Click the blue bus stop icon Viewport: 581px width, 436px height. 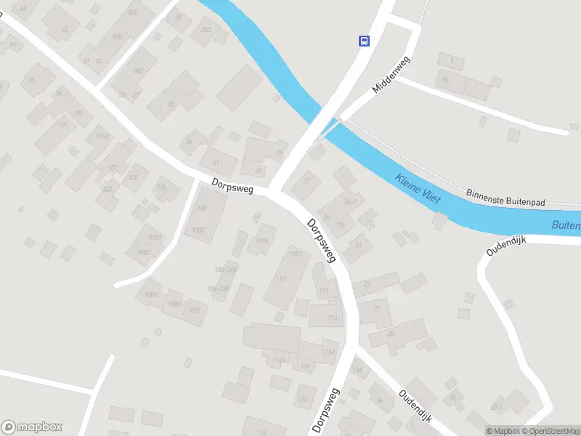click(364, 41)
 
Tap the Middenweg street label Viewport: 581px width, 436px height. click(391, 75)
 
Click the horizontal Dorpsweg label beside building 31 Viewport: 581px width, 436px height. click(232, 187)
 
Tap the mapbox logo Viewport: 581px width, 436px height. click(32, 427)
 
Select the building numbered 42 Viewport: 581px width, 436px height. click(64, 28)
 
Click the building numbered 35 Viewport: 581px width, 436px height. click(171, 104)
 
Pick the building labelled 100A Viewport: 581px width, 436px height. click(102, 137)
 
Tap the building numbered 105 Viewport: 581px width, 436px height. click(133, 177)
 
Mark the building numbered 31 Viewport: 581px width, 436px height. click(216, 162)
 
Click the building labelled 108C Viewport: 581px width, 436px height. click(198, 230)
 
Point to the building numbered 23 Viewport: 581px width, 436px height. click(366, 284)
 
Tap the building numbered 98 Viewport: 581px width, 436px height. click(78, 113)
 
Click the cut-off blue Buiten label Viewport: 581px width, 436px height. click(565, 225)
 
